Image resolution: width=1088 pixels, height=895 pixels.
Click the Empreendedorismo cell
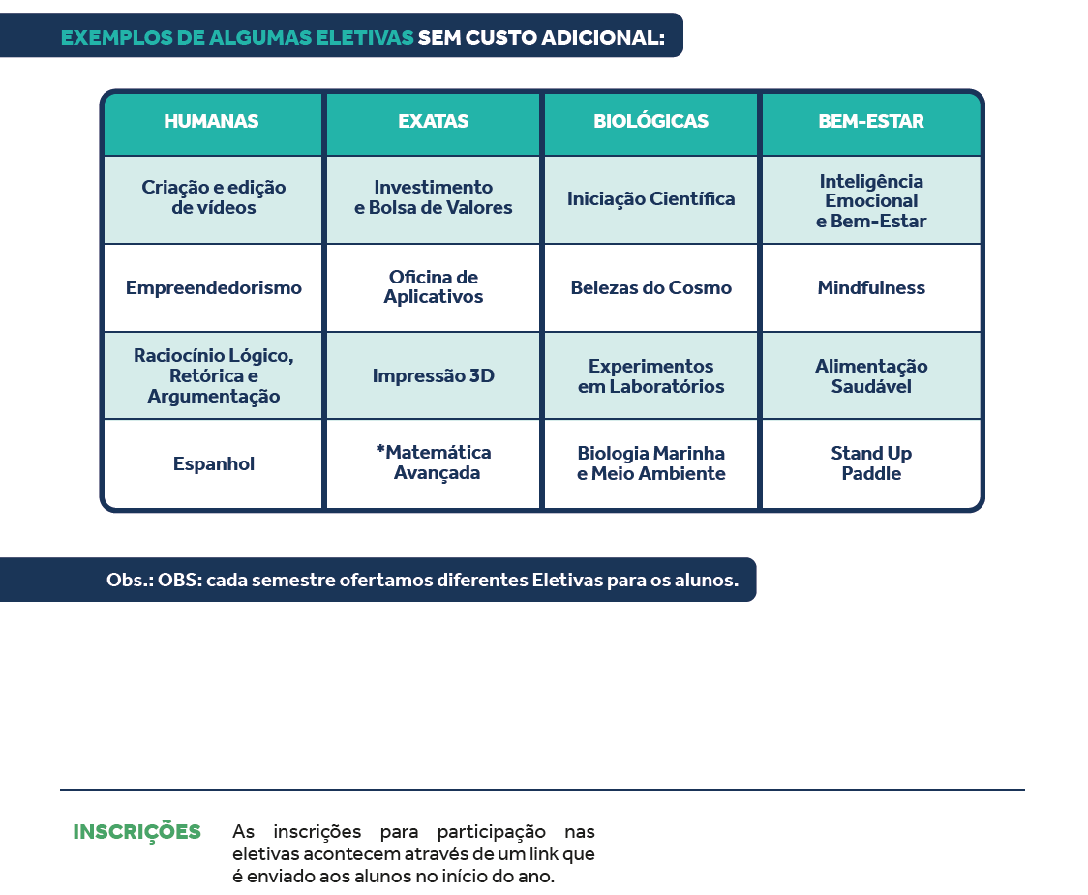point(214,288)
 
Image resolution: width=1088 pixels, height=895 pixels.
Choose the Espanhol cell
point(214,463)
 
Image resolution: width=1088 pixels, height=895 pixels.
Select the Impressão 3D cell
point(433,375)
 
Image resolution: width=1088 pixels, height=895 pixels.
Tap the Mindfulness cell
point(871,287)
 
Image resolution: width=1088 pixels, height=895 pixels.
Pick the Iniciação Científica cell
point(650,199)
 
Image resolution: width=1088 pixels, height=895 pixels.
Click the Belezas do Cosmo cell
point(650,287)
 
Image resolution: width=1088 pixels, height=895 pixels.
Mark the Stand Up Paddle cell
point(871,462)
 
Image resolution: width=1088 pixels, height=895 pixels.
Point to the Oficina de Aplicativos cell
point(433,286)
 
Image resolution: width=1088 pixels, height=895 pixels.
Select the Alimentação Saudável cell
point(871,375)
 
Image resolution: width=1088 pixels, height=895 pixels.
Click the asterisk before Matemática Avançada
point(380,450)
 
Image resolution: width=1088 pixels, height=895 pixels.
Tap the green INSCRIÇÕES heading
point(136,831)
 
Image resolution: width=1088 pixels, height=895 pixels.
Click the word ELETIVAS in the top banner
point(364,37)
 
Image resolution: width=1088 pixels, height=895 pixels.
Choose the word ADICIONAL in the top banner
point(602,37)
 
